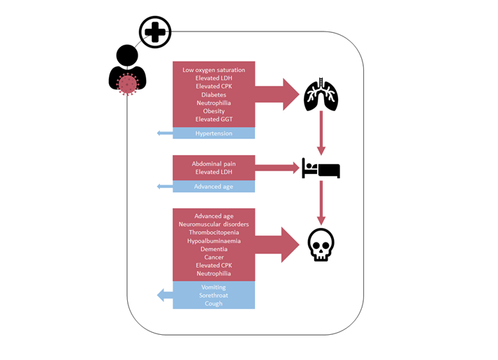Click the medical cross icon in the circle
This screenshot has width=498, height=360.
pos(155,32)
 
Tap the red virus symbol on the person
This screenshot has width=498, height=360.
pos(128,85)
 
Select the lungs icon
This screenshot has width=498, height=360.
pos(321,95)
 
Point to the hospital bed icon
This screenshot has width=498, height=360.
pos(321,168)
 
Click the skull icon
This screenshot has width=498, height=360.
pos(321,245)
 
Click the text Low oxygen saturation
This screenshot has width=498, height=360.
pos(214,70)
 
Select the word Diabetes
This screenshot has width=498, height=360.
pos(214,95)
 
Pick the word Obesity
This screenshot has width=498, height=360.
pos(214,111)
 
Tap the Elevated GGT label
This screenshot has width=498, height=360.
pos(214,120)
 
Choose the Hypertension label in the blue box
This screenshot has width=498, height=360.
pos(214,134)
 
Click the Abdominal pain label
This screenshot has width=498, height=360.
pos(214,164)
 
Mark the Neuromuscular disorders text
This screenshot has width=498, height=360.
pos(214,224)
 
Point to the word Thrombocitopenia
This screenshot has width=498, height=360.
pos(214,233)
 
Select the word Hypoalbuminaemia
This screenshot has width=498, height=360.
pos(214,241)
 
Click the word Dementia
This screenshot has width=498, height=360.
pos(214,249)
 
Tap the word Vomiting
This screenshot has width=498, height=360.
pos(214,287)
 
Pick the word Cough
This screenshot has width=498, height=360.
pos(214,303)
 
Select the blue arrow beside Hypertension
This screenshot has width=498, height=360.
pos(165,133)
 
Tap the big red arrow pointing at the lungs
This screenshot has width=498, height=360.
pos(277,94)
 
